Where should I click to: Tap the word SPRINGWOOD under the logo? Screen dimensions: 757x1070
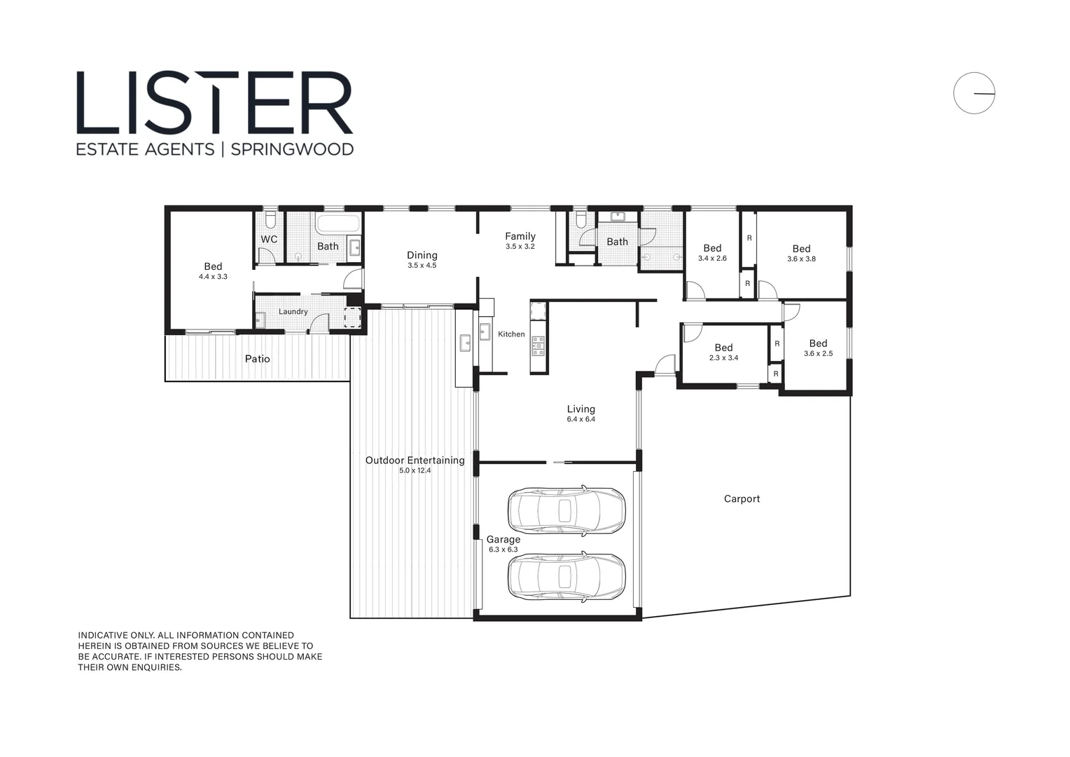(292, 149)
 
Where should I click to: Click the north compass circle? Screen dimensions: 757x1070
(973, 93)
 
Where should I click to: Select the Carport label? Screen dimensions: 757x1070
(742, 499)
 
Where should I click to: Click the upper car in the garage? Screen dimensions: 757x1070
(566, 510)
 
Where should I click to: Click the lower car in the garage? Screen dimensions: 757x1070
(566, 577)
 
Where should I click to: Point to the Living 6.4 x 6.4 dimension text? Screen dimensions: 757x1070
(581, 419)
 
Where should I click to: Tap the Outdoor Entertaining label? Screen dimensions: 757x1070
(415, 461)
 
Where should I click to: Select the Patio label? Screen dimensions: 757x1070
(257, 359)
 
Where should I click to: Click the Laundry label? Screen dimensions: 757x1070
(293, 312)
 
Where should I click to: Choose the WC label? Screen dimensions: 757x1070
(269, 240)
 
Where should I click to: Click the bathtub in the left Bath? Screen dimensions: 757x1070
(338, 225)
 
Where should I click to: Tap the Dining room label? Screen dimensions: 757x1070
(422, 256)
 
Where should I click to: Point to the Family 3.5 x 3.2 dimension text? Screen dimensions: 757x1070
(520, 247)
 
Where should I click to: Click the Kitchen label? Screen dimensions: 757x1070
(511, 334)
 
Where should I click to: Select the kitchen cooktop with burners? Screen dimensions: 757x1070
(538, 346)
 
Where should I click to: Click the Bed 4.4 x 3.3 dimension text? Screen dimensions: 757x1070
(213, 277)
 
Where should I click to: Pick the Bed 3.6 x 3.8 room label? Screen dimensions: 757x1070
(801, 249)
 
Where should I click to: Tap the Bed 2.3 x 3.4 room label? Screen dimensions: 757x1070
(723, 348)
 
